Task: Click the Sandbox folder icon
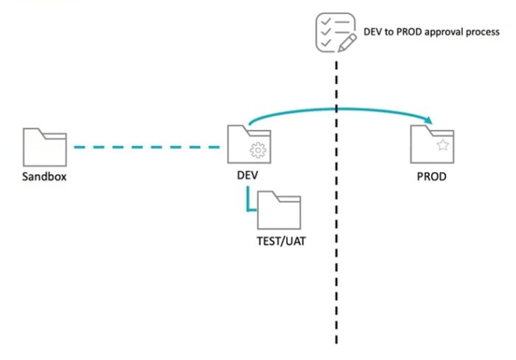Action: tap(45, 147)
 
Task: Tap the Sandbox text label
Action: tap(44, 177)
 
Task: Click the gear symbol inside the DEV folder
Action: tap(257, 151)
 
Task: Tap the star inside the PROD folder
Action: tap(442, 146)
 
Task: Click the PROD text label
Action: tap(431, 177)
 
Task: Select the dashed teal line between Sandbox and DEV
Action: tap(148, 147)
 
